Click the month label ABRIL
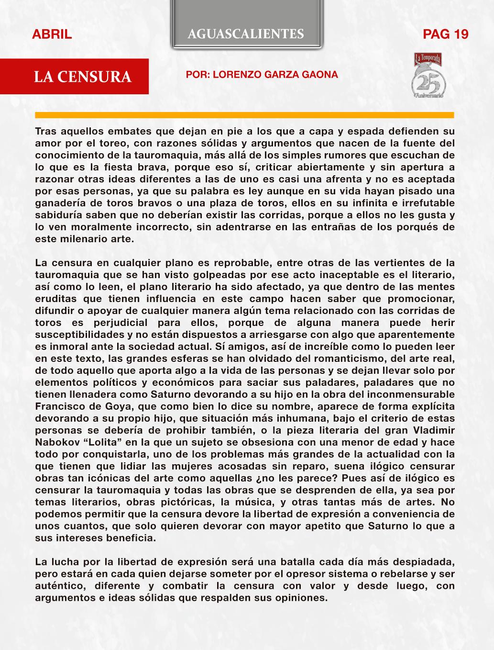point(52,34)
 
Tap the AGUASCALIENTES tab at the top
point(246,34)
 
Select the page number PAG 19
point(446,34)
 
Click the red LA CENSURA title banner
point(82,77)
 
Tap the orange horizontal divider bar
point(244,115)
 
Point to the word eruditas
point(55,299)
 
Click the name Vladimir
point(429,430)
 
